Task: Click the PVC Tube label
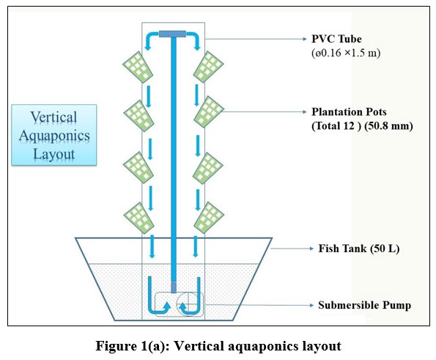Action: click(x=336, y=39)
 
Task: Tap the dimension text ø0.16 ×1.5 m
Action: click(x=346, y=53)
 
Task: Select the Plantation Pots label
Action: click(x=349, y=112)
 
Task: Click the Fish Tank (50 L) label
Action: click(x=359, y=249)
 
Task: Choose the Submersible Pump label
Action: click(x=364, y=305)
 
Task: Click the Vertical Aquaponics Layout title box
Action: click(x=54, y=135)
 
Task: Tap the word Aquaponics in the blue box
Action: click(x=54, y=136)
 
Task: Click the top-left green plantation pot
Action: click(x=138, y=67)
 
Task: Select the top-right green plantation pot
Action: click(x=209, y=67)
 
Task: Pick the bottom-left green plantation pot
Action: click(x=138, y=218)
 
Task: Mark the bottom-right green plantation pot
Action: click(x=209, y=218)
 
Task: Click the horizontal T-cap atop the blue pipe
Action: click(x=172, y=34)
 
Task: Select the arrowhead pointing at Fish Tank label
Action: click(x=311, y=249)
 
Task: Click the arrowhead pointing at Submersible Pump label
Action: click(x=311, y=305)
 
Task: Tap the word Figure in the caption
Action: click(x=114, y=346)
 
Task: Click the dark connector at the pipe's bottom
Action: click(x=174, y=287)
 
